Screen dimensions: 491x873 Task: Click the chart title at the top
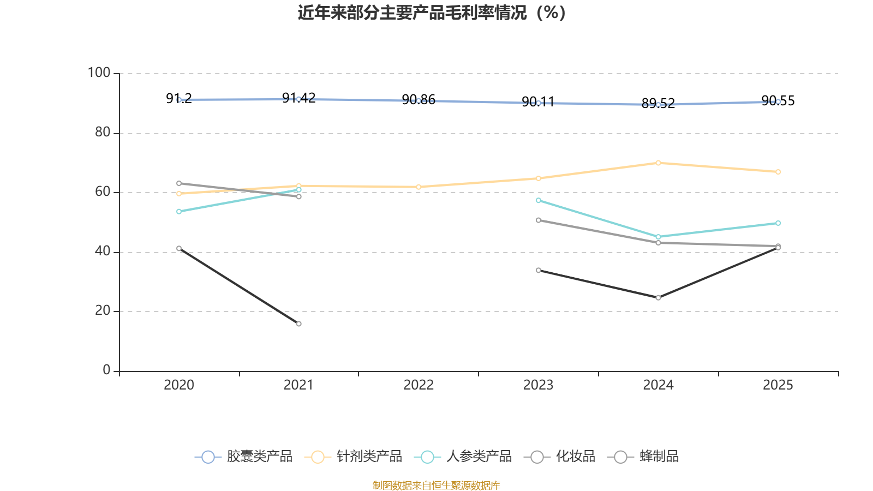pos(432,13)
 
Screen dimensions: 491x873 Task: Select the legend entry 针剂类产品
pos(354,457)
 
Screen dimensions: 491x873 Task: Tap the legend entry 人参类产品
pos(464,457)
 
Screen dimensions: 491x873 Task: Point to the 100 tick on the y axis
pos(99,73)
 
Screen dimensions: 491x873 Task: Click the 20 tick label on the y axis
pos(102,311)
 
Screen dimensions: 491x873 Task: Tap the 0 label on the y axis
pos(106,370)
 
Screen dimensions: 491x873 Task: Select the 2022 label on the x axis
pos(418,385)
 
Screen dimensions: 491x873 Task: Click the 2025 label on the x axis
pos(778,385)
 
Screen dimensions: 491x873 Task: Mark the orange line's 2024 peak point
pos(658,163)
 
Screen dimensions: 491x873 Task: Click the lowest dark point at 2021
pos(298,324)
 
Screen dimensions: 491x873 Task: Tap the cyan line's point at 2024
pos(658,237)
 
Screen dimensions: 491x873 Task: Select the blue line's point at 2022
pos(418,101)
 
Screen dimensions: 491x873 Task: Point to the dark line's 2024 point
pos(658,298)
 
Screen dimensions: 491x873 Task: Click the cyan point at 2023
pos(539,200)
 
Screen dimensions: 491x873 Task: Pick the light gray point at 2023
pos(539,220)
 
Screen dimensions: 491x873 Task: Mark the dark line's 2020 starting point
pos(179,248)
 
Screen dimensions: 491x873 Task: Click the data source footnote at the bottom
pos(436,485)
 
